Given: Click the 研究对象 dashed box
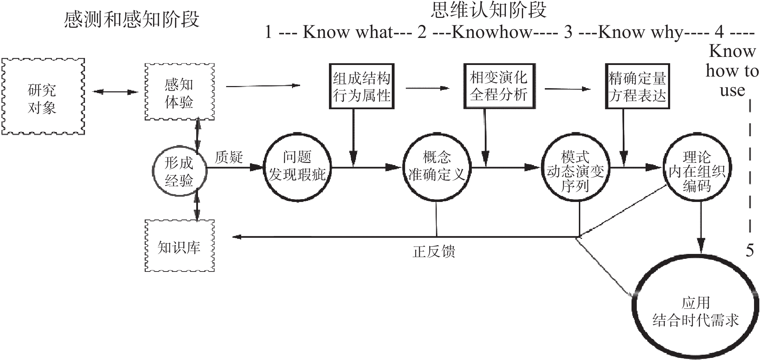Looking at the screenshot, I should tap(42, 97).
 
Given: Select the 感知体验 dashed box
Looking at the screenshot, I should tap(179, 92).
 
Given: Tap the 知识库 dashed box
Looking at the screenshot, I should tap(179, 246).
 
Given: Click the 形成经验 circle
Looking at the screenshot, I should tap(179, 171).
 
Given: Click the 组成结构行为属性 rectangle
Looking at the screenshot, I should tap(362, 86).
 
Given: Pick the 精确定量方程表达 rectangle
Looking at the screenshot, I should tap(637, 86).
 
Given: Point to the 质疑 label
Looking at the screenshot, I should tap(229, 157).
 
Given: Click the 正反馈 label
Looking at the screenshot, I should tap(434, 251).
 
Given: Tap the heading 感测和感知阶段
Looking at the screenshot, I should tap(132, 19).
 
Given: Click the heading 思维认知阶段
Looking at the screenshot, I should tap(489, 10).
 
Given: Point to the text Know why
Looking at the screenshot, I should tap(641, 32).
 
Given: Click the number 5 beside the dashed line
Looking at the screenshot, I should tap(750, 250).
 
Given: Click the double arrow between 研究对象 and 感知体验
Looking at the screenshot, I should tap(115, 92).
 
